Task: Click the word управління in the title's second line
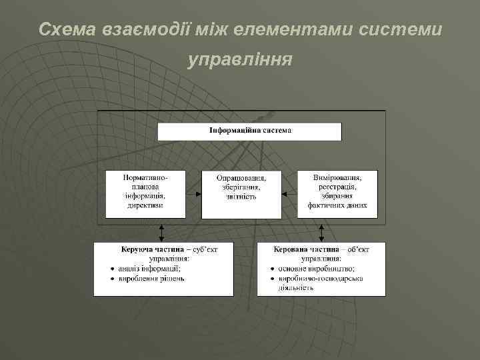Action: point(240,60)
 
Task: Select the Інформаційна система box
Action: point(249,131)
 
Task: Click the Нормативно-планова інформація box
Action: point(145,193)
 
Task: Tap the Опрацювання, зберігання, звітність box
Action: point(241,193)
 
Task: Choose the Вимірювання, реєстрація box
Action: point(337,193)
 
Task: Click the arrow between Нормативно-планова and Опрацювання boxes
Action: point(193,195)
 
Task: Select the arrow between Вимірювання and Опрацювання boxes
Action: point(289,195)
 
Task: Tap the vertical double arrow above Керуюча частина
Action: point(160,231)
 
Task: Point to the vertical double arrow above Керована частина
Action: point(322,231)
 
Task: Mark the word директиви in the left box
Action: point(145,206)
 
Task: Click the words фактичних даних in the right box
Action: point(337,206)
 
